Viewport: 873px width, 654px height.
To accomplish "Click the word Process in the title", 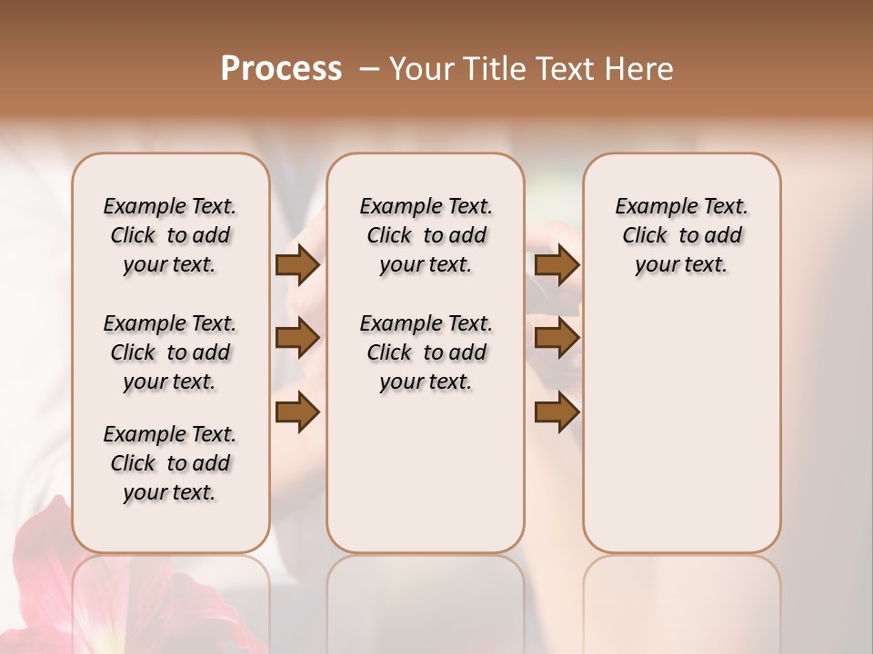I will (281, 69).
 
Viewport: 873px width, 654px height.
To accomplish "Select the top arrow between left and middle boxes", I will (296, 265).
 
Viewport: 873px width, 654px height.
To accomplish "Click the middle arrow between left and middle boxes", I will (296, 338).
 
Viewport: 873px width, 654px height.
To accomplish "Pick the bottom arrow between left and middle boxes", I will (296, 412).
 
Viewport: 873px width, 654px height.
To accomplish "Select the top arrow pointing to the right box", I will (557, 265).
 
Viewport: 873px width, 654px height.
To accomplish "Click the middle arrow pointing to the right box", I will (557, 338).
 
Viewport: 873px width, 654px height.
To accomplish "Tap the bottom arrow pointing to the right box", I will (557, 412).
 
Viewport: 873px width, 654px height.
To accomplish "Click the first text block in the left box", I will (170, 235).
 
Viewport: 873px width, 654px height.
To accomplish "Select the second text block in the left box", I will (170, 352).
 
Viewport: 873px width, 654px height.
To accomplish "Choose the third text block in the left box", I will (170, 463).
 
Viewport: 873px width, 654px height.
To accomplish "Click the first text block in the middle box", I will (426, 235).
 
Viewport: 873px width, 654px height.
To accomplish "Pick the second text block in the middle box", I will (426, 352).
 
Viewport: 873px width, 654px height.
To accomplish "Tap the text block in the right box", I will (681, 235).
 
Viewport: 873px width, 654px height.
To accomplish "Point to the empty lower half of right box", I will (681, 436).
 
